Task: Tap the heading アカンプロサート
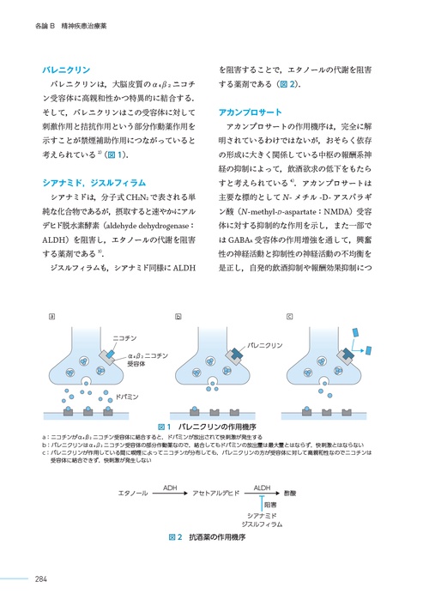coord(249,112)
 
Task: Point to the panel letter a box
coord(53,317)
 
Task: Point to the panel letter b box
coord(178,317)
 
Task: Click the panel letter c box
coord(290,317)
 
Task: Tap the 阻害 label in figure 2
coord(270,506)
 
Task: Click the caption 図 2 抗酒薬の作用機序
coord(208,536)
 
